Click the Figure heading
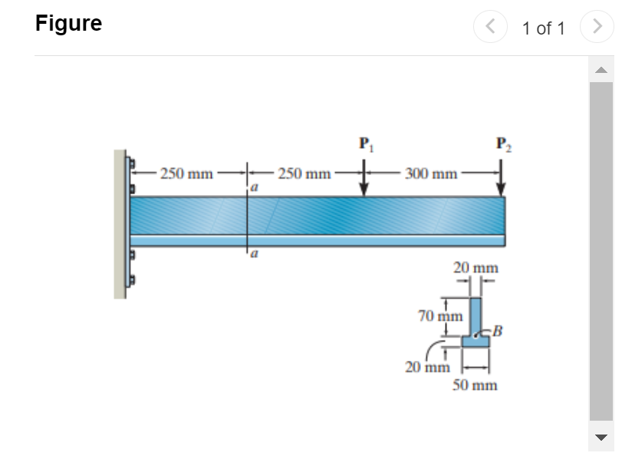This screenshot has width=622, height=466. click(x=68, y=24)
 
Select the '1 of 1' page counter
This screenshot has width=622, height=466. click(x=543, y=29)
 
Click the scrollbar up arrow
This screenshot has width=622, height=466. click(x=601, y=71)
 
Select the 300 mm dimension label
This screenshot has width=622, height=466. click(x=430, y=174)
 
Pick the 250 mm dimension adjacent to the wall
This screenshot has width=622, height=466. click(x=187, y=174)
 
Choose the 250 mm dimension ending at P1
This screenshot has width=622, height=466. click(x=304, y=174)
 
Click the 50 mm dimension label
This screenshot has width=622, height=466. click(x=474, y=385)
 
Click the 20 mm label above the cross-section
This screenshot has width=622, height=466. click(x=476, y=268)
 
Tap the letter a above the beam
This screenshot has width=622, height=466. click(x=254, y=186)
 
